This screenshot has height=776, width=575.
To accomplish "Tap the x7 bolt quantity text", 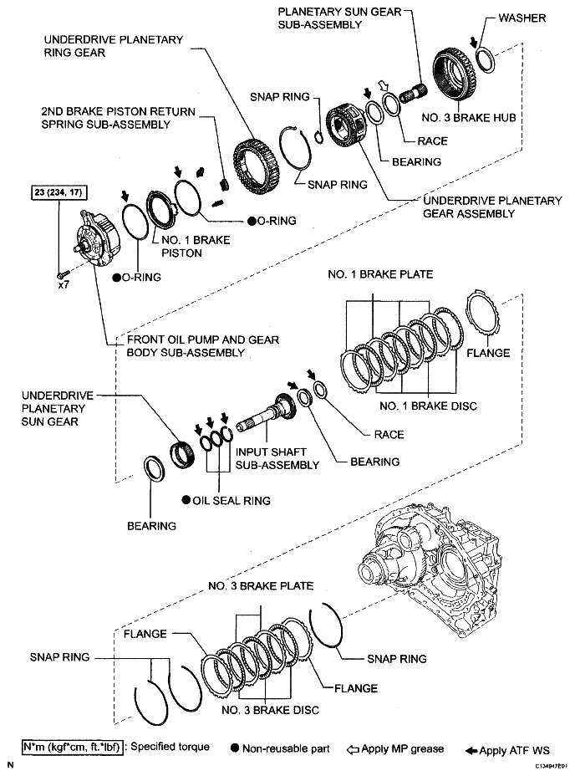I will pyautogui.click(x=64, y=285).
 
